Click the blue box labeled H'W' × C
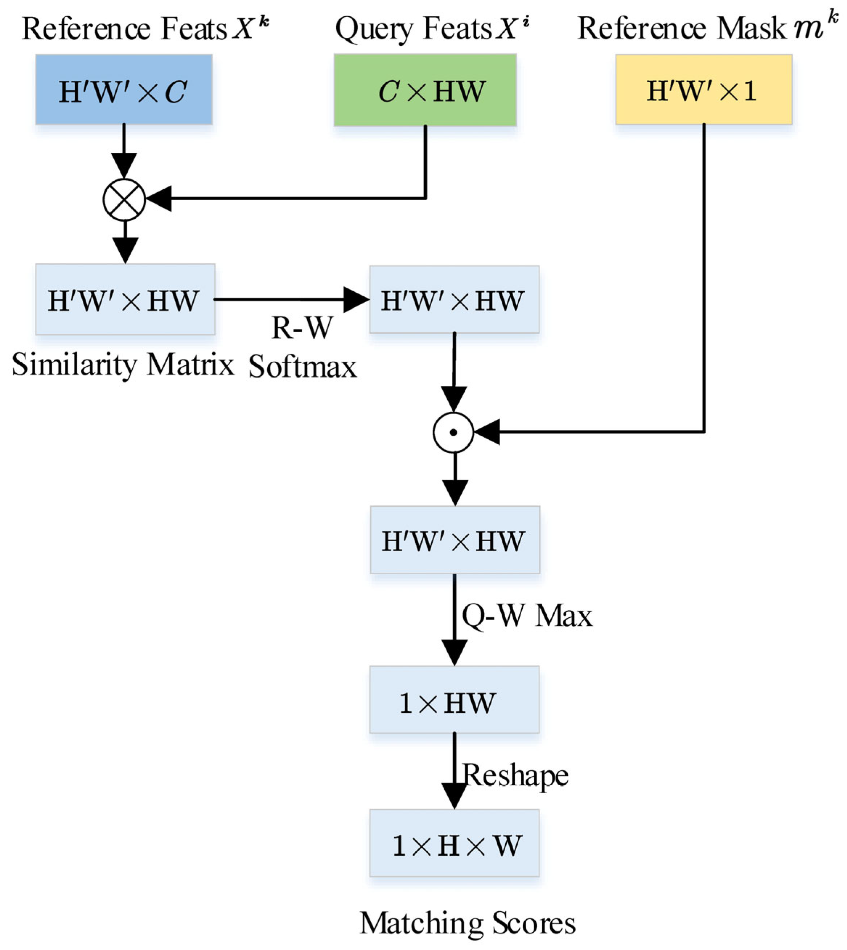pyautogui.click(x=124, y=89)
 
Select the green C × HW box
pyautogui.click(x=425, y=90)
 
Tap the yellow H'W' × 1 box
pyautogui.click(x=704, y=89)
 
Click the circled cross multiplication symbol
pyautogui.click(x=124, y=200)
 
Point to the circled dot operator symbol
pyautogui.click(x=453, y=432)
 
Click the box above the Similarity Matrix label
pyautogui.click(x=125, y=299)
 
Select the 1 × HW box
pyautogui.click(x=454, y=700)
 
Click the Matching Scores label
pyautogui.click(x=467, y=923)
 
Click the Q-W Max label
pyautogui.click(x=527, y=616)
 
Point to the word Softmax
pyautogui.click(x=303, y=367)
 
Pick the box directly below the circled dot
pyautogui.click(x=455, y=540)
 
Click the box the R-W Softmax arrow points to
pyautogui.click(x=454, y=299)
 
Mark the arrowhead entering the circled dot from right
pyautogui.click(x=486, y=432)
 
